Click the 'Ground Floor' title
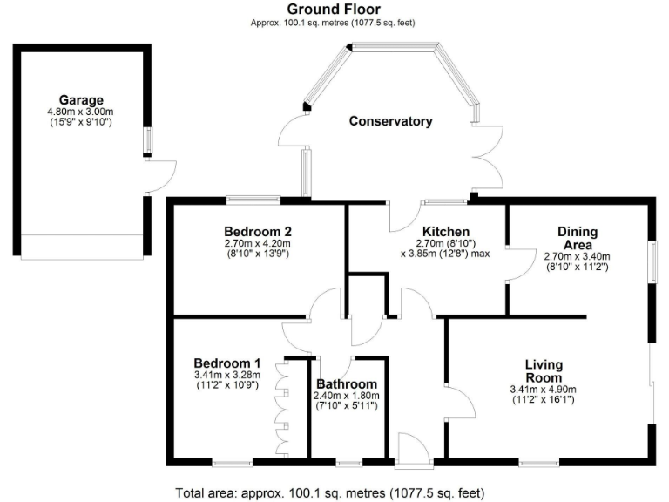(334, 9)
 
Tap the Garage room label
(81, 100)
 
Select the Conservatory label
(390, 121)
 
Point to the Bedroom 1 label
(226, 363)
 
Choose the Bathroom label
(347, 384)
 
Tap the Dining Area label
(577, 238)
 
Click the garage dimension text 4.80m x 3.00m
(81, 112)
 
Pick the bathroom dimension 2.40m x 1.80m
(347, 396)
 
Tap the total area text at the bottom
(334, 491)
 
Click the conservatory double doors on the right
(488, 157)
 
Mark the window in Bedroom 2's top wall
(253, 200)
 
